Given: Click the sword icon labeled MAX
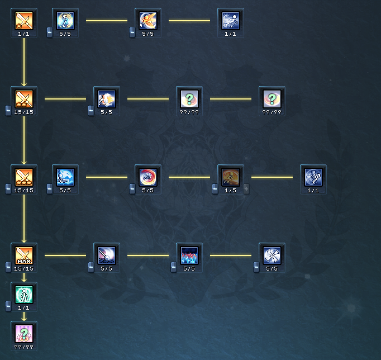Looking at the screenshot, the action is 24,255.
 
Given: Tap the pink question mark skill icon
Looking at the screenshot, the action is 24,333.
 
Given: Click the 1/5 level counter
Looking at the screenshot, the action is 230,190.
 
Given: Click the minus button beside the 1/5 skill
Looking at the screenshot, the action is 215,189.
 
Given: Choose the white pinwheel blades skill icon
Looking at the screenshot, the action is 272,255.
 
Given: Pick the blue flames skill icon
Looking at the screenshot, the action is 189,255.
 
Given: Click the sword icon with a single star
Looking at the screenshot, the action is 24,20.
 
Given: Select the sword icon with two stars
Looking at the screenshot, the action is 24,98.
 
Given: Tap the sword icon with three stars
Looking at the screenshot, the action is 24,177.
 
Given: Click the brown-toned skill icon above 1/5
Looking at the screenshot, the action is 231,177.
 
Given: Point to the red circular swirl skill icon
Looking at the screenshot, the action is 148,177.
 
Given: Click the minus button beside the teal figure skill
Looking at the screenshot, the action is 8,306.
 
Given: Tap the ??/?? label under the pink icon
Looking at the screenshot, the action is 24,347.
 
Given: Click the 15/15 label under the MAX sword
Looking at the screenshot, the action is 24,268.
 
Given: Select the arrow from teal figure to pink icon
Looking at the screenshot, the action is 24,316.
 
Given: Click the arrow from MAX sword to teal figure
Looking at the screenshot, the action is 24,277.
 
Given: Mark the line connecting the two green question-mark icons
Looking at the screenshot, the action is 231,99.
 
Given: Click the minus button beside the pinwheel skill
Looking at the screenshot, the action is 256,267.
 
